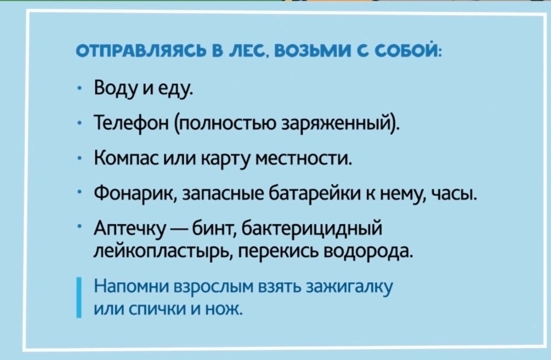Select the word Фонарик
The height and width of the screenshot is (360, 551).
pyautogui.click(x=137, y=194)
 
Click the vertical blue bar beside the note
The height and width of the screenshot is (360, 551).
pyautogui.click(x=79, y=297)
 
